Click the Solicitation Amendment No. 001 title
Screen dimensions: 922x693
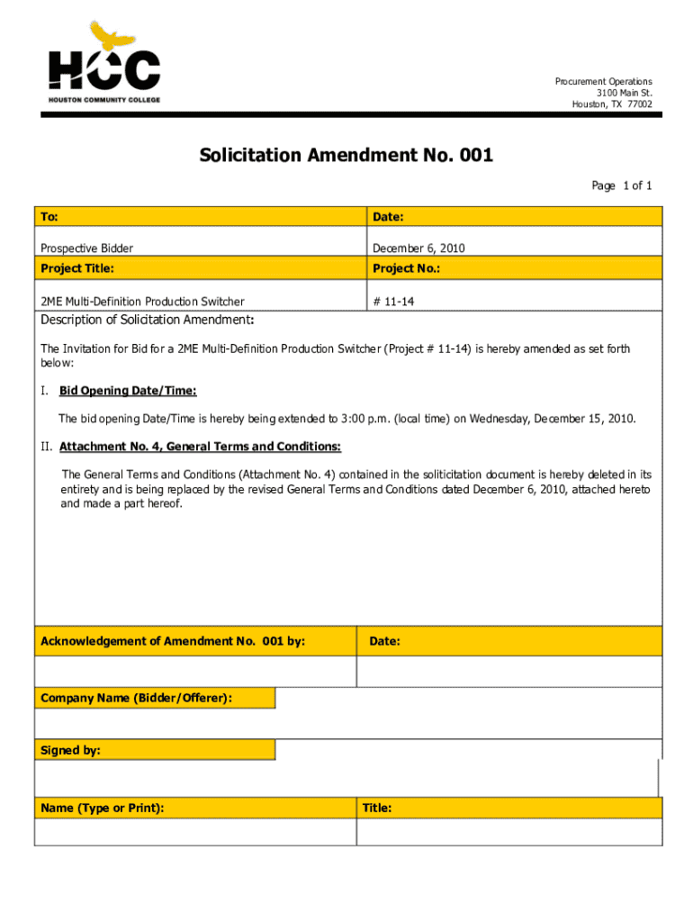[x=346, y=156]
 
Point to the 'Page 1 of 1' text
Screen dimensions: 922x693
[x=621, y=186]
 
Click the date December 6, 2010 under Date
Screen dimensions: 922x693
[x=418, y=248]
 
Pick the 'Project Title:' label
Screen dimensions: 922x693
[x=77, y=268]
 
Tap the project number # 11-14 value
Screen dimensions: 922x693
[x=393, y=302]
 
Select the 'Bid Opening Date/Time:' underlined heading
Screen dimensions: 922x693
[x=128, y=391]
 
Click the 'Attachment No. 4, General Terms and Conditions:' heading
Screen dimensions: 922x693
[x=200, y=447]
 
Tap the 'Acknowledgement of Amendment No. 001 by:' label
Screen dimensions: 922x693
[x=173, y=641]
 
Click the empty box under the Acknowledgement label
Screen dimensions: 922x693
[x=194, y=672]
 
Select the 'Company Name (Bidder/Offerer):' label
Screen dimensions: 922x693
[x=136, y=698]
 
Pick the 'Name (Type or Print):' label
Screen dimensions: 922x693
[x=103, y=808]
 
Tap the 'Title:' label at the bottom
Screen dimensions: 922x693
[x=377, y=808]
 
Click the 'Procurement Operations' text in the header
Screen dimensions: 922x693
[x=603, y=82]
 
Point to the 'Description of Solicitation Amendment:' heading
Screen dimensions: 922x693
[x=148, y=321]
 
